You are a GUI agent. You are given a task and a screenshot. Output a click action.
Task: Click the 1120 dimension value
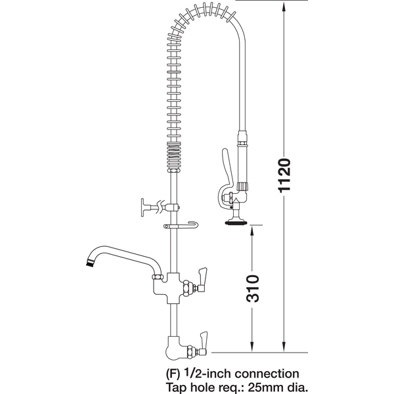284,175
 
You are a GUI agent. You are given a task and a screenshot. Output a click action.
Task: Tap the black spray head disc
236,223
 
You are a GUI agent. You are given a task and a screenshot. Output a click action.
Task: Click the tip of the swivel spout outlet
89,263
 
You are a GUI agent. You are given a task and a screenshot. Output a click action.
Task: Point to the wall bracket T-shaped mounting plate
143,208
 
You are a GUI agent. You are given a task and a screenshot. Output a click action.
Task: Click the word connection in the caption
267,374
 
